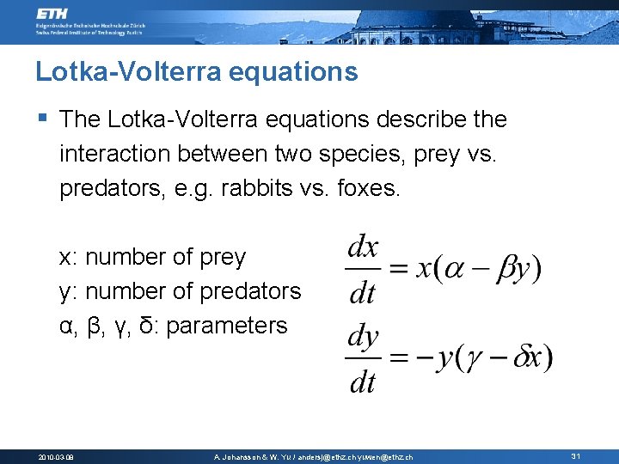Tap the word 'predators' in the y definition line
pyautogui.click(x=250, y=291)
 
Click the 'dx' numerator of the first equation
pyautogui.click(x=363, y=248)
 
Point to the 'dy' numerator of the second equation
pyautogui.click(x=363, y=337)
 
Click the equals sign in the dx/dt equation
pyautogui.click(x=397, y=270)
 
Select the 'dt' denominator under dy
pyautogui.click(x=363, y=382)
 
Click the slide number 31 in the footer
pyautogui.click(x=575, y=456)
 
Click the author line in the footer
pyautogui.click(x=313, y=457)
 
